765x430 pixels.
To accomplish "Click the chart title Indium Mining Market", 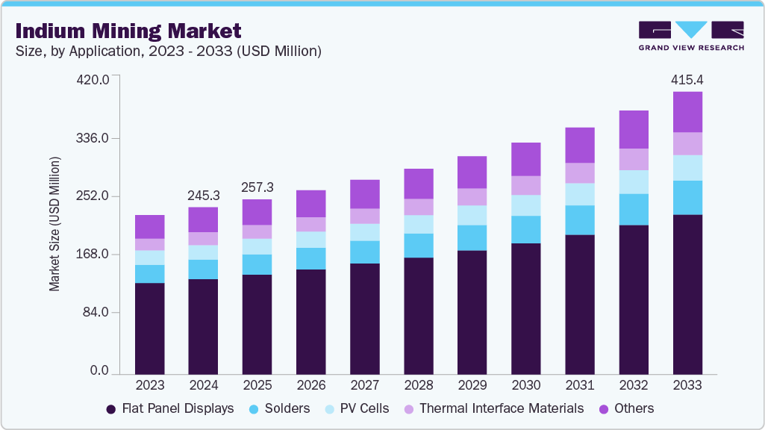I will (128, 31).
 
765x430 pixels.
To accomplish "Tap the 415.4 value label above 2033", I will (687, 79).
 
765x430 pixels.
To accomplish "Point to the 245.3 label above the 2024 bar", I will (204, 195).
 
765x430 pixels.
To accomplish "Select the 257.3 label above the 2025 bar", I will (257, 186).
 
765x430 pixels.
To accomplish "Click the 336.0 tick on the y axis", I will (95, 138).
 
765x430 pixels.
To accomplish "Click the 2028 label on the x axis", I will (419, 386).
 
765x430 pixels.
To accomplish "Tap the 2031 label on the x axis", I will (580, 386).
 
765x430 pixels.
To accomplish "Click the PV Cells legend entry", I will (358, 408).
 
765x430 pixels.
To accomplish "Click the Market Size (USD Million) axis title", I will (54, 224).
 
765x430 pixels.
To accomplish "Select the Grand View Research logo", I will (691, 36).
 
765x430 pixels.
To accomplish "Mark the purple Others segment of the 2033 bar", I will (687, 112).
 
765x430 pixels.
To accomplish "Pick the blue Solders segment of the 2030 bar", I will (526, 229).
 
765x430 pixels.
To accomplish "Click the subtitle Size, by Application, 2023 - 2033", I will (169, 52).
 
